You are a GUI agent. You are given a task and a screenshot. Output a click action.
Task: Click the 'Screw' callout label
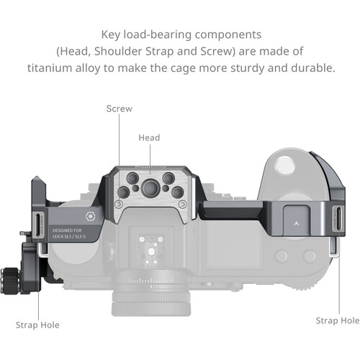[119, 109]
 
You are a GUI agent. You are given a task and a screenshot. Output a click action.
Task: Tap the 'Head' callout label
[149, 138]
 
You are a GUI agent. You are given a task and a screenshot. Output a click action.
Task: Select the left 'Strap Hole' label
[37, 325]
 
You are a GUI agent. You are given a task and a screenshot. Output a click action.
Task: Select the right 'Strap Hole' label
[338, 320]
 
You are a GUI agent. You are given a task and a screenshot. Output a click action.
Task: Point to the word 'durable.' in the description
[313, 68]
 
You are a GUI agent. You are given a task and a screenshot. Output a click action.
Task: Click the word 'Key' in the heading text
[111, 35]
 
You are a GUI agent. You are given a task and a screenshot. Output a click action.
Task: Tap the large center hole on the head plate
[150, 188]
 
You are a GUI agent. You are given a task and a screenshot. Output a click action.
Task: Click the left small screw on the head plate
[119, 204]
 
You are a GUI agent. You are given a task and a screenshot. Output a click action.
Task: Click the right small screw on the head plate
[183, 204]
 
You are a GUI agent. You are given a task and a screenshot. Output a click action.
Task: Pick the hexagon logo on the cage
[90, 217]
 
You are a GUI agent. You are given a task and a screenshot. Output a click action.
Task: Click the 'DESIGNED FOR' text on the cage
[67, 230]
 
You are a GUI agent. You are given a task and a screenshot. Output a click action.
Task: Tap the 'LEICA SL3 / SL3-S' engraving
[69, 237]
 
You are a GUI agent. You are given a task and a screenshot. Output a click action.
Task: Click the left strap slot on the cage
[38, 225]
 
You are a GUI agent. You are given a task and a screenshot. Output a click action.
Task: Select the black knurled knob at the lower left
[10, 281]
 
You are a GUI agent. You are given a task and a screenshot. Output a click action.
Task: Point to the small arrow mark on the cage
[296, 224]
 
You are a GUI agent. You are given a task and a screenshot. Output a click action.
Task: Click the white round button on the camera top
[284, 166]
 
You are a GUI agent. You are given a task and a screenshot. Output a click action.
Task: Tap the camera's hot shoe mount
[151, 250]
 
